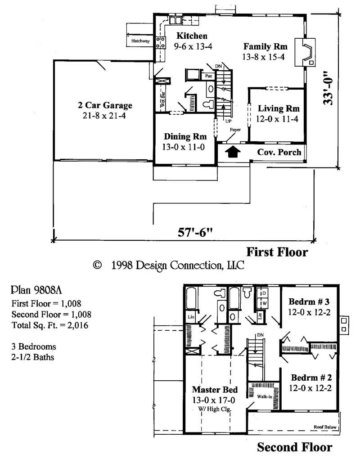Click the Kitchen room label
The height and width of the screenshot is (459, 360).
click(192, 36)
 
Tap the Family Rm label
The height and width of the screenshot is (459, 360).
click(264, 46)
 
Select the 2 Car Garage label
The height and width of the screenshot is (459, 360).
click(105, 106)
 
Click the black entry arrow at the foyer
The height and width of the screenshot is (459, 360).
click(232, 152)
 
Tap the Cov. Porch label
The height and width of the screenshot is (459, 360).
click(279, 152)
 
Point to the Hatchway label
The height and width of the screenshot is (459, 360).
click(140, 41)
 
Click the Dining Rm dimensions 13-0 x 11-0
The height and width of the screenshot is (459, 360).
click(185, 147)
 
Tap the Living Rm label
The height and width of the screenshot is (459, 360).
click(278, 108)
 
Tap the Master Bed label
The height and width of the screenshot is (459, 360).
click(215, 389)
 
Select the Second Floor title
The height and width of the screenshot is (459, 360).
click(294, 447)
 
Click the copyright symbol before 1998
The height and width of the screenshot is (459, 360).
click(96, 265)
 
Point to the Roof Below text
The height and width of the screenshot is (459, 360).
click(324, 427)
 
